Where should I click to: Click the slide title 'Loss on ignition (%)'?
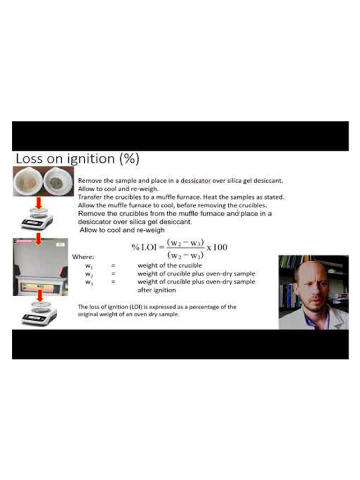[77, 159]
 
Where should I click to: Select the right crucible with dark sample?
[57, 182]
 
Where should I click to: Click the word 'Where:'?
[83, 257]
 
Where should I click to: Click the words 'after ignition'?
[157, 290]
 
